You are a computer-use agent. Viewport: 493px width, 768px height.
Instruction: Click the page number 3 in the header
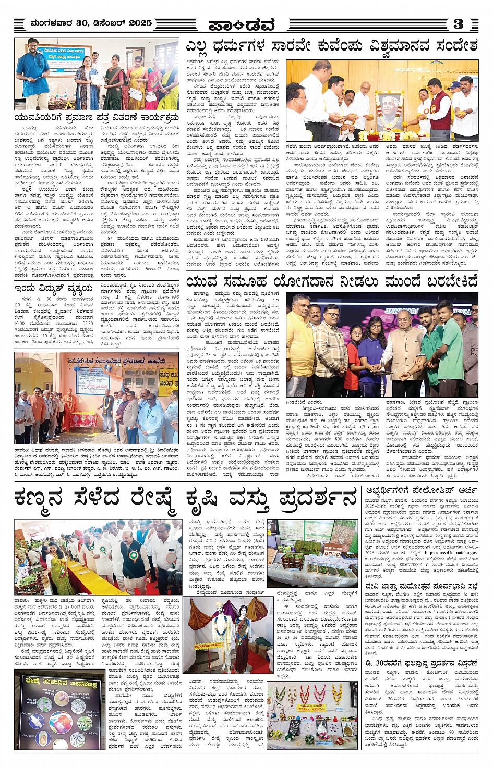tap(458, 24)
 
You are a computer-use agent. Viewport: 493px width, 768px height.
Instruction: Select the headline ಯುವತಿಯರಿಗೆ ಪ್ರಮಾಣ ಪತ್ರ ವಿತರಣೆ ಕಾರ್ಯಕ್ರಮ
tap(97, 118)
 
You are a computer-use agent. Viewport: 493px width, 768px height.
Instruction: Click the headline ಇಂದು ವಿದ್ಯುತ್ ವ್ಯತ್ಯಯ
tap(54, 288)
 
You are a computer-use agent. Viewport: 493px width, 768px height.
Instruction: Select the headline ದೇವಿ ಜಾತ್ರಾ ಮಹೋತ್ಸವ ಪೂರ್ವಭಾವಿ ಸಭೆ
tap(422, 586)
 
